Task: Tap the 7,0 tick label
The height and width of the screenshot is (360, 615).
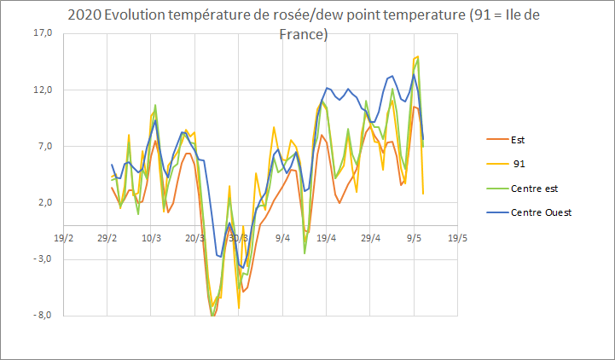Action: [x=43, y=146]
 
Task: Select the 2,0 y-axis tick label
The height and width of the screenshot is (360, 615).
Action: [x=43, y=202]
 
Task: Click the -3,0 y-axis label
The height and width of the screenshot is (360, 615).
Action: [x=42, y=258]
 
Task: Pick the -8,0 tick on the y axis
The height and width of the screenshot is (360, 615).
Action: [x=42, y=315]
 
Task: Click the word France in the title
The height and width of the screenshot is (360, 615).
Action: [x=305, y=35]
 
